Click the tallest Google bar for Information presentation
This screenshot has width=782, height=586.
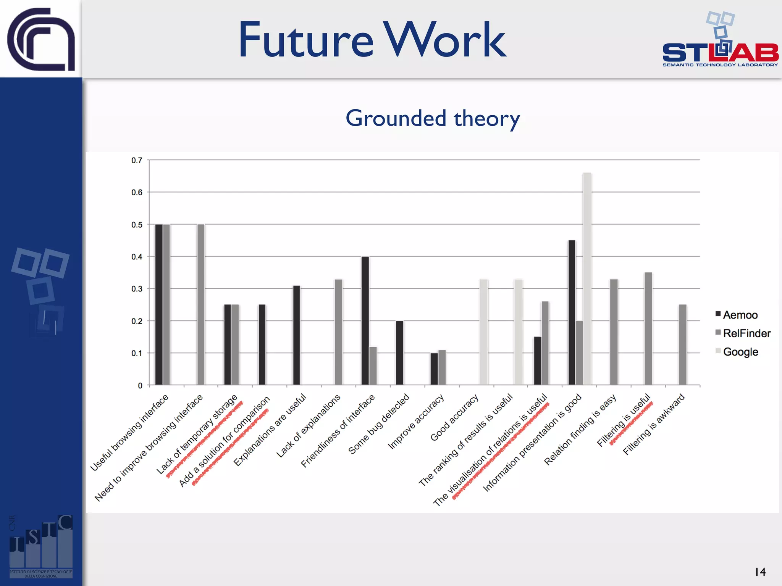click(587, 279)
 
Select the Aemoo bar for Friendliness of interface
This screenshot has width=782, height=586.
click(365, 320)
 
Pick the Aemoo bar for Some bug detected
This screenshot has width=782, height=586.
click(399, 353)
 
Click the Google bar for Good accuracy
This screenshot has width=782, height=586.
click(483, 332)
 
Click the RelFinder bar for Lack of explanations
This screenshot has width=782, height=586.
click(338, 332)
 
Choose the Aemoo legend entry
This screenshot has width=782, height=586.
click(737, 315)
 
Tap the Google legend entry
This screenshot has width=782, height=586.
click(737, 351)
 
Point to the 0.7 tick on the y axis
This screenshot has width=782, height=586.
click(137, 160)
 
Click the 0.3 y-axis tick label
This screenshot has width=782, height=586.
click(137, 289)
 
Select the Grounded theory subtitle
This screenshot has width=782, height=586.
click(433, 118)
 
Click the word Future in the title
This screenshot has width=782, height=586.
click(305, 40)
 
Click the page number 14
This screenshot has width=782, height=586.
click(760, 572)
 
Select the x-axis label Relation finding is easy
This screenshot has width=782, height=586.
click(580, 429)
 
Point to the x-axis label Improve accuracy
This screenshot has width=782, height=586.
click(416, 422)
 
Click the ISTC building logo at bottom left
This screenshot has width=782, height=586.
click(41, 546)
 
